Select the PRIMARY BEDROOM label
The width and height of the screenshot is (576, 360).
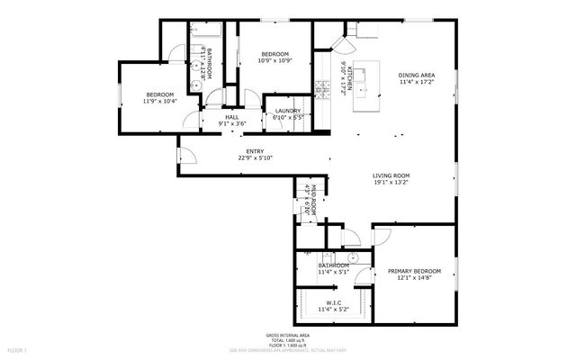point(414,271)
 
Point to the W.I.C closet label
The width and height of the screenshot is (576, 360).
point(333,302)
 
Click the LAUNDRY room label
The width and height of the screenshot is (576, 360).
point(288,111)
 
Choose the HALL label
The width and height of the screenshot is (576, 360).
point(231,117)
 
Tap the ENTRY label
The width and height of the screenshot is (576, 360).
point(255,151)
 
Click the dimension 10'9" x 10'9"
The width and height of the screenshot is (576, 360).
point(274,60)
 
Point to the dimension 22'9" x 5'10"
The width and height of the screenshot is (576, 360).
point(255,158)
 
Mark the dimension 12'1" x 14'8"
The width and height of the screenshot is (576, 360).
point(414,278)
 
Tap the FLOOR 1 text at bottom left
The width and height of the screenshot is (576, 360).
point(18,349)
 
